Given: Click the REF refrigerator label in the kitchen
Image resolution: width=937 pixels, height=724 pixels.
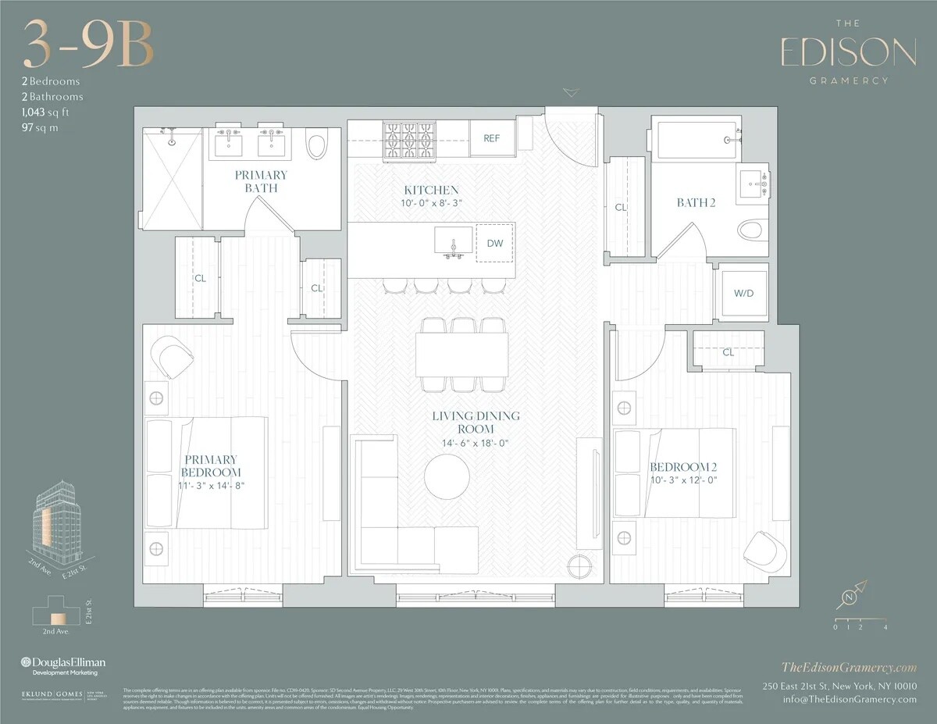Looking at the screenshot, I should pyautogui.click(x=491, y=138).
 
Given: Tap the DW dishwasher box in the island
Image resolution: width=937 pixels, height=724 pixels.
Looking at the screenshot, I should pyautogui.click(x=495, y=243).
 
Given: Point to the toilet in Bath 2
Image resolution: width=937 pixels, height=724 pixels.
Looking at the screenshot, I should pyautogui.click(x=750, y=230).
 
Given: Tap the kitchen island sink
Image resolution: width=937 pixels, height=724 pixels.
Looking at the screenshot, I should pyautogui.click(x=454, y=241).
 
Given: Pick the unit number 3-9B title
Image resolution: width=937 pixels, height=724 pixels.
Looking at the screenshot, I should pyautogui.click(x=87, y=45).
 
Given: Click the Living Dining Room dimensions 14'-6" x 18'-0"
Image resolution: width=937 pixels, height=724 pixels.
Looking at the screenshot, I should pyautogui.click(x=465, y=444).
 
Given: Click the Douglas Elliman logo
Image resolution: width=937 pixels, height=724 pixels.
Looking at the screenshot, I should pyautogui.click(x=62, y=662).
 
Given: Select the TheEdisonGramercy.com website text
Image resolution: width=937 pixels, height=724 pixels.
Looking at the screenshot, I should pyautogui.click(x=849, y=666).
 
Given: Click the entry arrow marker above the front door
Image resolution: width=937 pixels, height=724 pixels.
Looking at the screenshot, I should pyautogui.click(x=571, y=93).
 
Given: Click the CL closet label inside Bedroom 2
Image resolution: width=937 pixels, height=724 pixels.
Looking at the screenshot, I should pyautogui.click(x=728, y=352).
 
